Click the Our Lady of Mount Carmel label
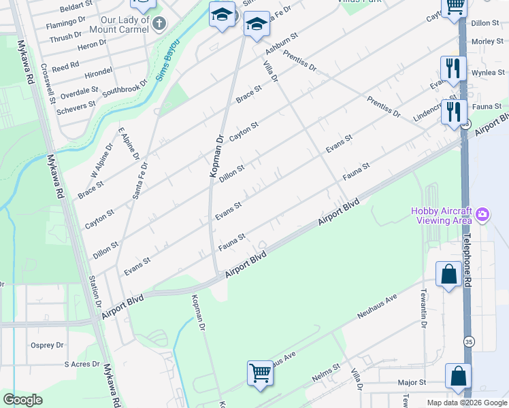point(123,26)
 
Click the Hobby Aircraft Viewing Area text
point(442,215)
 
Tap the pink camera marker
point(483,215)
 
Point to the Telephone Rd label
point(467,261)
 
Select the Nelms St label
point(326,371)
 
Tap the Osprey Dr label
point(47,345)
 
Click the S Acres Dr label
point(82,364)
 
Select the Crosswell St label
point(47,84)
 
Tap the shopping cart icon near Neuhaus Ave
point(260,373)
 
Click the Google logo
point(23,400)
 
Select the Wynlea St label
point(488,72)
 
